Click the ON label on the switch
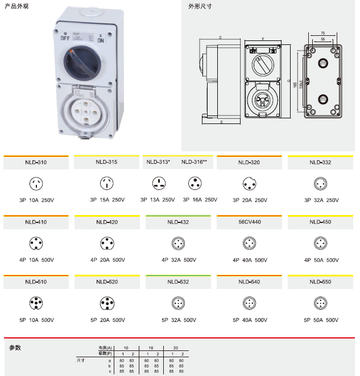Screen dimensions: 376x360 click(101, 40)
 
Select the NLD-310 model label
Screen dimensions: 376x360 click(36, 163)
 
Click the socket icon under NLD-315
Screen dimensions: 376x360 click(107, 183)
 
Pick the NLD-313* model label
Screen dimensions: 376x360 click(159, 162)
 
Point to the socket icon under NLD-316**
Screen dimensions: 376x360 click(196, 183)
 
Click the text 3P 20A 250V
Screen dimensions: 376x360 click(250, 200)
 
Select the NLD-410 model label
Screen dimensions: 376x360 click(36, 222)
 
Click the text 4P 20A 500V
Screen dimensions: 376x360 click(107, 260)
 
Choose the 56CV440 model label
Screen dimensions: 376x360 click(250, 222)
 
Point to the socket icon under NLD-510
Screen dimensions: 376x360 click(36, 303)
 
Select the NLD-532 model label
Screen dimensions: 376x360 click(178, 282)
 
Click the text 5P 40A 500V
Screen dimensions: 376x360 click(250, 320)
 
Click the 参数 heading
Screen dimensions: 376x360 click(15, 347)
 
